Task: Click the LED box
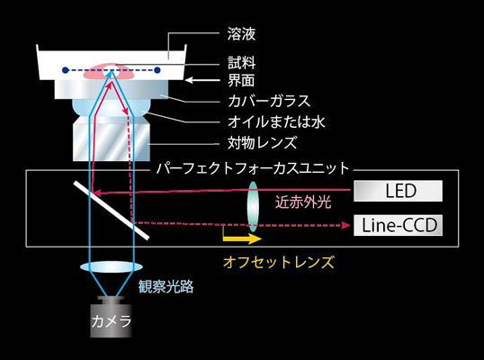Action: [x=398, y=191]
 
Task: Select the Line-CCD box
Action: [x=398, y=225]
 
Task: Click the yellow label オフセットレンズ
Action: [x=279, y=262]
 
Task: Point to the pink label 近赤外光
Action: [x=303, y=202]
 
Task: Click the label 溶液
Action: [x=241, y=34]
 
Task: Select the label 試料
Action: [x=241, y=63]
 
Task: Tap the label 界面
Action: [x=241, y=80]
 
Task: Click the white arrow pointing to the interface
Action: [x=202, y=80]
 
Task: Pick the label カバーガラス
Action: [x=269, y=101]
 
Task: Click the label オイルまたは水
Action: [x=276, y=122]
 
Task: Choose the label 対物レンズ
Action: [x=263, y=143]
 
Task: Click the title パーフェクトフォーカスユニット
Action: [x=253, y=168]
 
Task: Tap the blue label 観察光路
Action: [x=166, y=286]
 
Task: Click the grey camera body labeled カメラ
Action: [x=112, y=317]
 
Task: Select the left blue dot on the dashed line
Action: [x=65, y=70]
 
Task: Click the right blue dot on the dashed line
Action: [x=157, y=70]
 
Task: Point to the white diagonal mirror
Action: [x=112, y=211]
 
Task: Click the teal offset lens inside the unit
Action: [x=253, y=207]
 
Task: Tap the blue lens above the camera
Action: [x=112, y=267]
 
